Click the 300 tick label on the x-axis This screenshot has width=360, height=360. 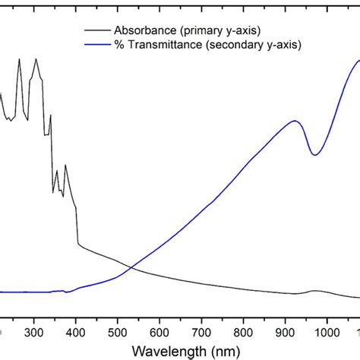pyautogui.click(x=33, y=332)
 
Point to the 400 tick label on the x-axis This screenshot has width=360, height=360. pyautogui.click(x=76, y=332)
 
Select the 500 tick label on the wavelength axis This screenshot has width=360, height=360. pyautogui.click(x=118, y=332)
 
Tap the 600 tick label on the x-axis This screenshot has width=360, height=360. pyautogui.click(x=159, y=332)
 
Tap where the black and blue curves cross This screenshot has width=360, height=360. pyautogui.click(x=132, y=267)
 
